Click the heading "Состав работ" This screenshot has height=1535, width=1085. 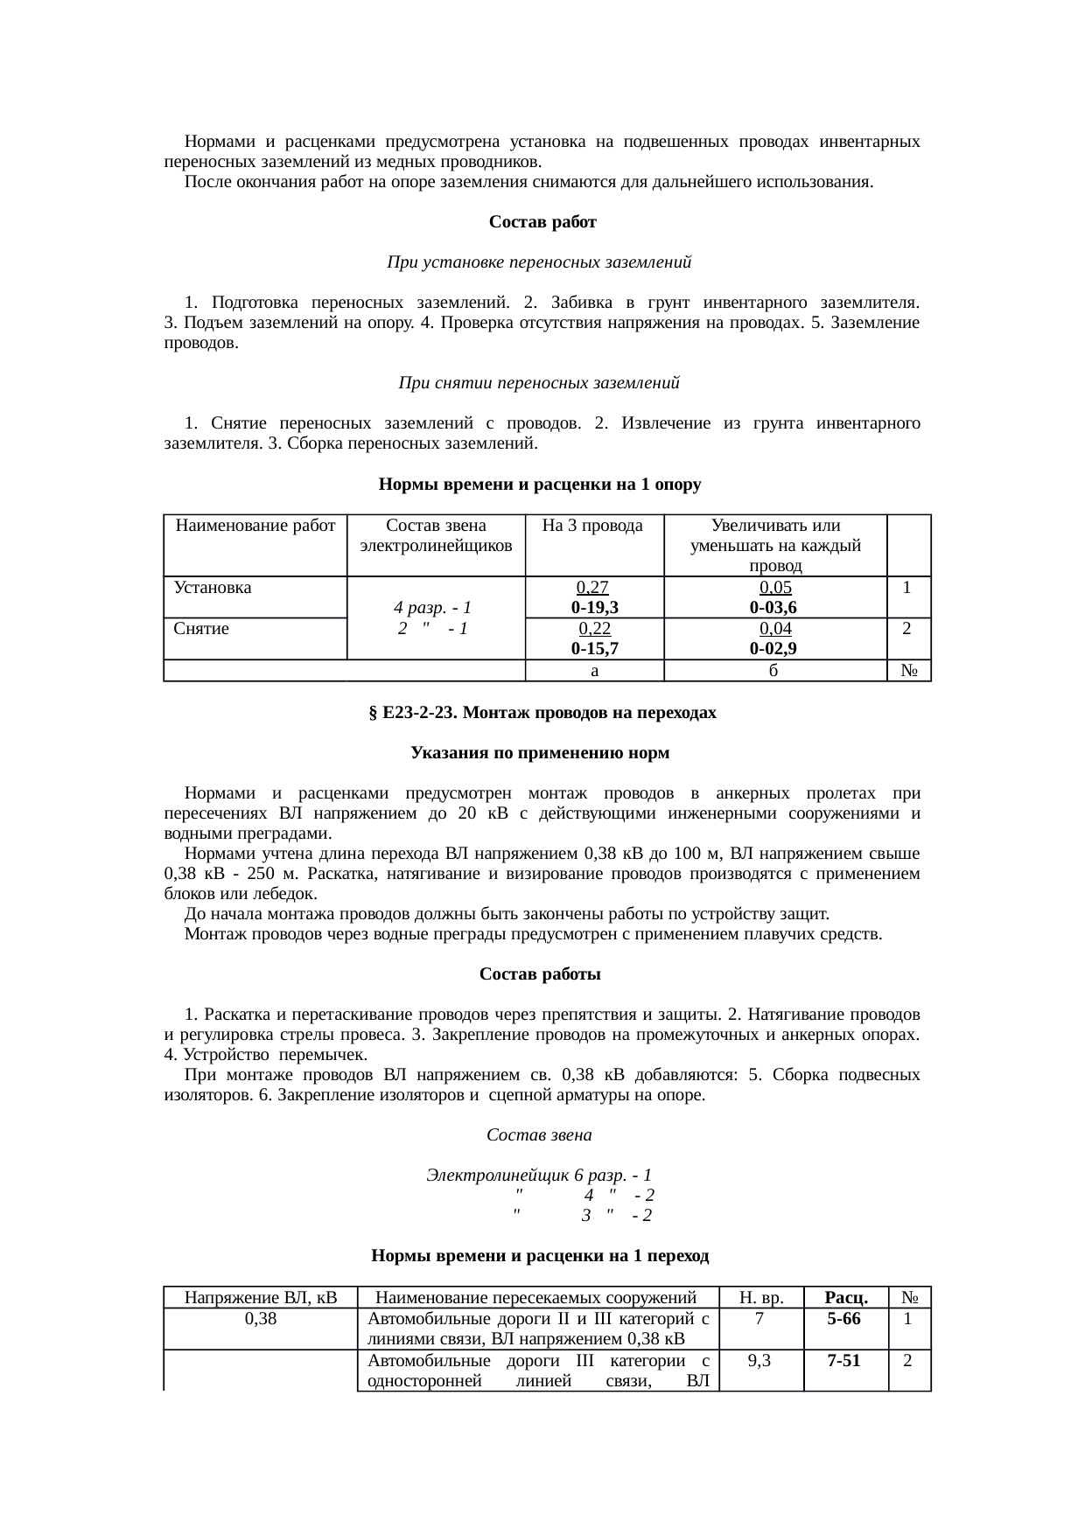click(542, 222)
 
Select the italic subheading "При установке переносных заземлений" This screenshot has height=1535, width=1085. click(539, 262)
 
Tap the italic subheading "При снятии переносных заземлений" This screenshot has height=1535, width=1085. click(539, 383)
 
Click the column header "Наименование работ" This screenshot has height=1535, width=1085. click(255, 526)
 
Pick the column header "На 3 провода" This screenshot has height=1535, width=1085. click(592, 526)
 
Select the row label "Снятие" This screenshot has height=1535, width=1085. click(201, 628)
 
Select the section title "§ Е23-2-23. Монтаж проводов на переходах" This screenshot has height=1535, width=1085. click(542, 713)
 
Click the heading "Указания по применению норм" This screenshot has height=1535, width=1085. click(541, 753)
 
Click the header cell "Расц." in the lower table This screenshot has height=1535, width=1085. click(846, 1297)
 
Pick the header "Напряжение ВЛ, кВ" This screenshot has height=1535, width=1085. click(261, 1297)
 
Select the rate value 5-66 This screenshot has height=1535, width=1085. click(846, 1318)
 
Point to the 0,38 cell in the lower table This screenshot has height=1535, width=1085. click(261, 1318)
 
